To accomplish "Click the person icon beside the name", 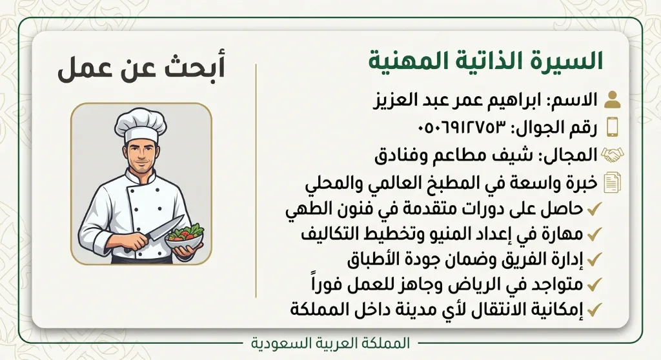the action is [612, 100].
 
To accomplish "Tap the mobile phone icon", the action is [613, 126].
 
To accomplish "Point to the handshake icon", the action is [613, 155].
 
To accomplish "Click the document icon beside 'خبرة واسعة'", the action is [613, 183].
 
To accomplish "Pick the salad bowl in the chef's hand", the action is [184, 238].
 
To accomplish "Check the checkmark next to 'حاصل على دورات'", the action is [594, 208].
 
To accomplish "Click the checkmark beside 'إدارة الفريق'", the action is [594, 259].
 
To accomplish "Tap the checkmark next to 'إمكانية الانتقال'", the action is [594, 310].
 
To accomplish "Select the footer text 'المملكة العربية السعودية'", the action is [330, 343].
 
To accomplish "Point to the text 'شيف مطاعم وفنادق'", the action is [455, 155].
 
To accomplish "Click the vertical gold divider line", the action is [256, 181].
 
